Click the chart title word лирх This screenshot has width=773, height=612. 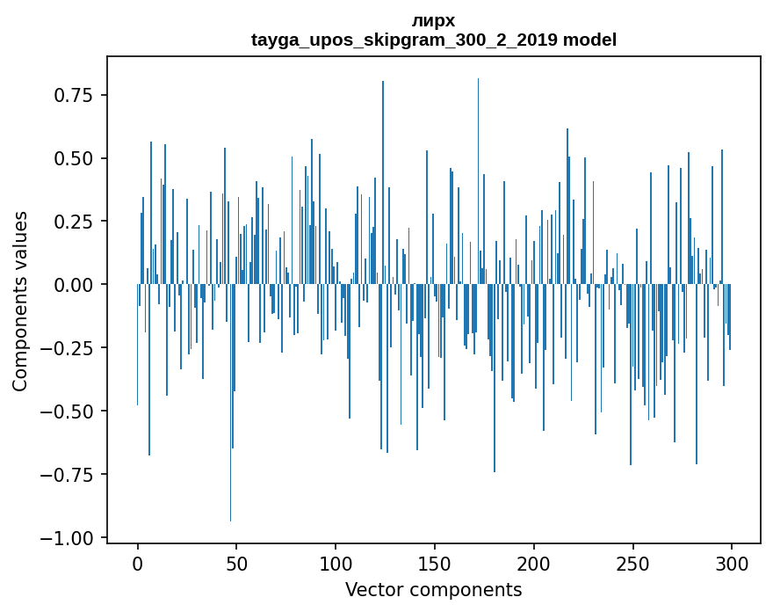pos(434,21)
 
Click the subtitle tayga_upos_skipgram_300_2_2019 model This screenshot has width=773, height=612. pos(434,40)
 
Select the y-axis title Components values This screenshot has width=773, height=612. pos(20,301)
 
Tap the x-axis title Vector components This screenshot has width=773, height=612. pos(434,590)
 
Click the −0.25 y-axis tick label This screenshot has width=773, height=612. pos(69,348)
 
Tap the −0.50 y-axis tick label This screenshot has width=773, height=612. pos(69,412)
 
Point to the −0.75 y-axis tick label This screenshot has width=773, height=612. pos(69,475)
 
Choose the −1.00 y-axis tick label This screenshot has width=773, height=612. pos(69,538)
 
